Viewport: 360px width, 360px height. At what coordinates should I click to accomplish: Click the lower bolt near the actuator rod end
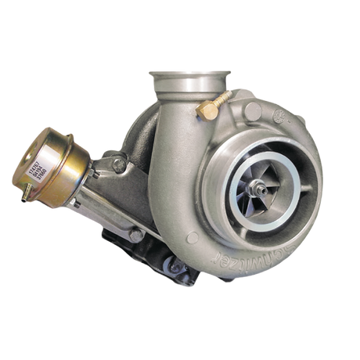[135, 236]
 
